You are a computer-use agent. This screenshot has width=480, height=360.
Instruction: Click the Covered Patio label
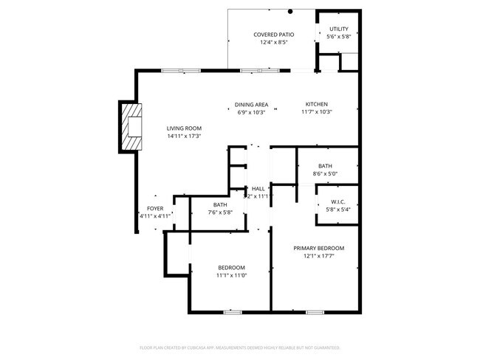coord(273,34)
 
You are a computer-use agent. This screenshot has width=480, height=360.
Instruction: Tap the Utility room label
coord(338,29)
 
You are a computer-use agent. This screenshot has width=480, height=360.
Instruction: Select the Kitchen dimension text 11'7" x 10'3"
coord(317,112)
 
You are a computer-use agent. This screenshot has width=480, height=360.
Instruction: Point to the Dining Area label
coord(251,104)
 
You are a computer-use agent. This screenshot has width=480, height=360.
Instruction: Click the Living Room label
coord(184,128)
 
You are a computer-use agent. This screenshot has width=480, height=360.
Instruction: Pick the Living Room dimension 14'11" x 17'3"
coord(184,136)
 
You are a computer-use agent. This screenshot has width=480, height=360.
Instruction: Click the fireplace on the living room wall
coord(130,126)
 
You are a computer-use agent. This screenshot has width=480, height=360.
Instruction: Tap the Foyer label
coord(155,208)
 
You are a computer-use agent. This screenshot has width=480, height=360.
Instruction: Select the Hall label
coord(258,189)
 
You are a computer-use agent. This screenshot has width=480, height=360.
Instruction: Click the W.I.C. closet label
coord(338,201)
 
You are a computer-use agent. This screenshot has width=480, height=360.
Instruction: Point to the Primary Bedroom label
coord(318,248)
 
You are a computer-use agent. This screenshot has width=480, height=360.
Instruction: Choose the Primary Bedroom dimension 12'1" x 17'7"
coord(318,256)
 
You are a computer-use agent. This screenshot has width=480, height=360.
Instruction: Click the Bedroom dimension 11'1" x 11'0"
coord(231,275)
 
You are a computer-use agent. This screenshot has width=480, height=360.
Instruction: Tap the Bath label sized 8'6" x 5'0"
coord(326,166)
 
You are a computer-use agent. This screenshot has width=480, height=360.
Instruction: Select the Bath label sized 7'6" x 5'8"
coord(220,204)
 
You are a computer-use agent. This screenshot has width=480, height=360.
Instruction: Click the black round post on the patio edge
coord(291,11)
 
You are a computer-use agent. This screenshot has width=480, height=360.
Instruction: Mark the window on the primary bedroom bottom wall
coord(315,312)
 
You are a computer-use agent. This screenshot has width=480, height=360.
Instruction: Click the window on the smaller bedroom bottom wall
coord(233,312)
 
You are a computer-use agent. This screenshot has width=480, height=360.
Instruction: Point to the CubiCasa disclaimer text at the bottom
coord(239,346)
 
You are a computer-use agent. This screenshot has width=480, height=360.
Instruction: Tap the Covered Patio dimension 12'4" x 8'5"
coord(273,42)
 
